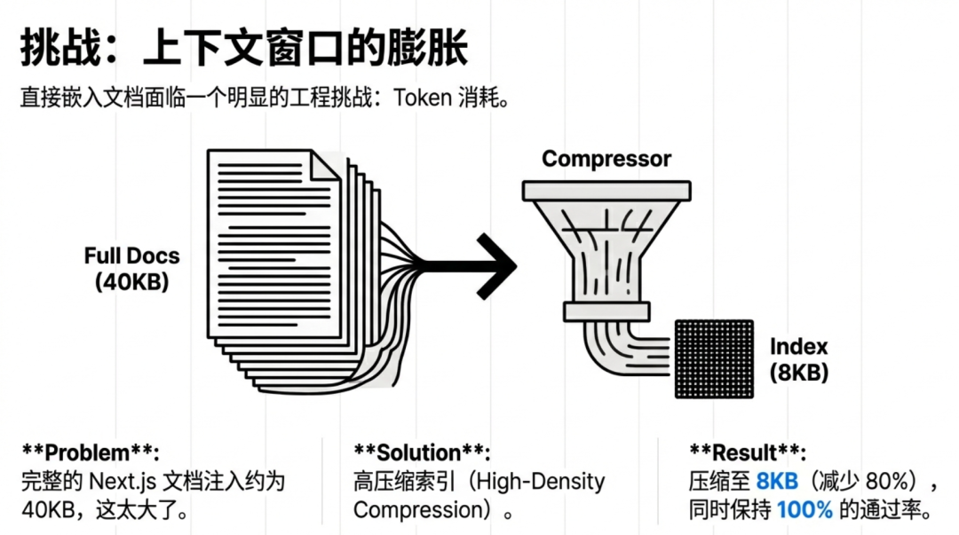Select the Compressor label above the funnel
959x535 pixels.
pos(606,159)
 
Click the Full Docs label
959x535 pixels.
pos(131,256)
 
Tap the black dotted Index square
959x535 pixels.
pos(713,358)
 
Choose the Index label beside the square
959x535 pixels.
pos(798,346)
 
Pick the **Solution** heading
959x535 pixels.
pos(421,452)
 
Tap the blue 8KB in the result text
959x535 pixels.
pos(778,482)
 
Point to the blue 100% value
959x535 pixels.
pos(804,510)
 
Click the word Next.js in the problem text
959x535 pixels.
pos(123,482)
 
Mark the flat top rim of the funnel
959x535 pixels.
pos(606,190)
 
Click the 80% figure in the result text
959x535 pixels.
pos(889,482)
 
